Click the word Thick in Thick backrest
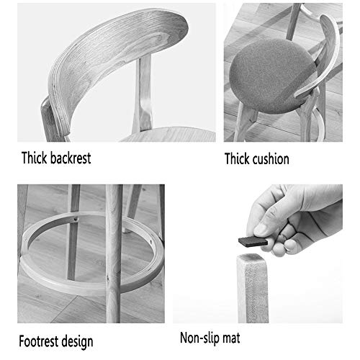[x=34, y=158]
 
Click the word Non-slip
[x=199, y=338]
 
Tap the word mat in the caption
[x=231, y=338]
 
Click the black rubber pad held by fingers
[x=253, y=241]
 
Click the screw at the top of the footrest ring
[x=76, y=218]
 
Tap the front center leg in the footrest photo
[x=114, y=253]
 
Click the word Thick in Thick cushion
[x=237, y=159]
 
